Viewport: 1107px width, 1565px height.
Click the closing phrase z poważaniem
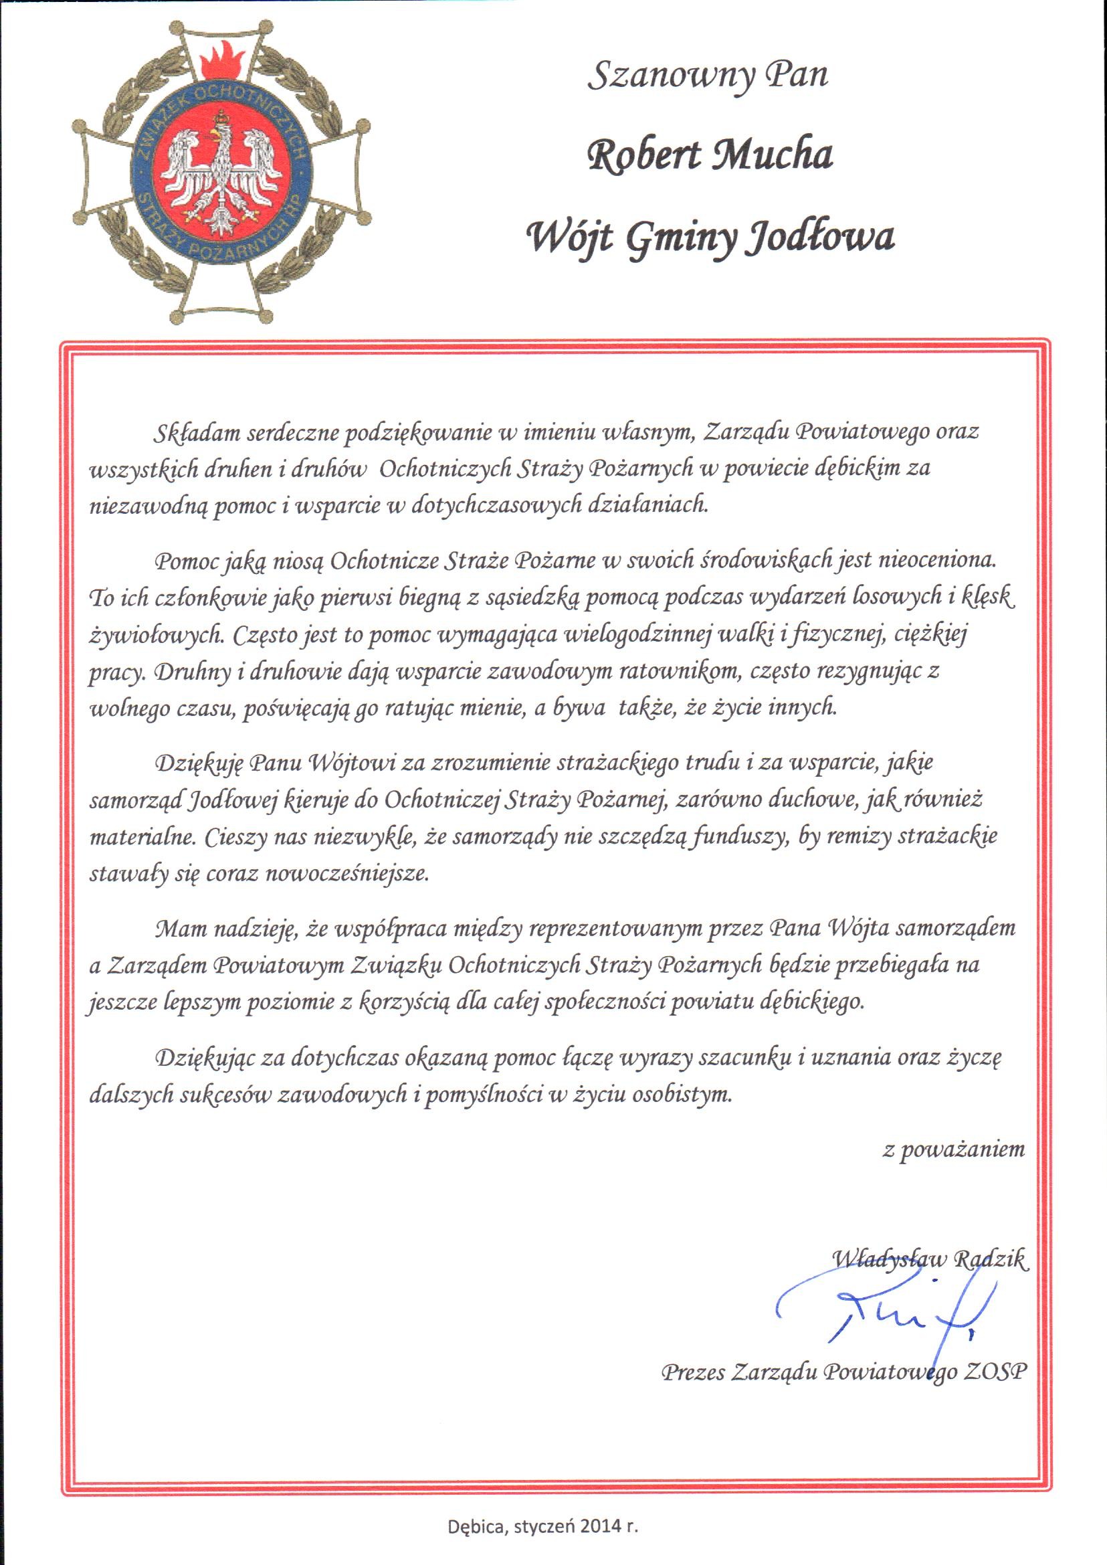pos(954,1150)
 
